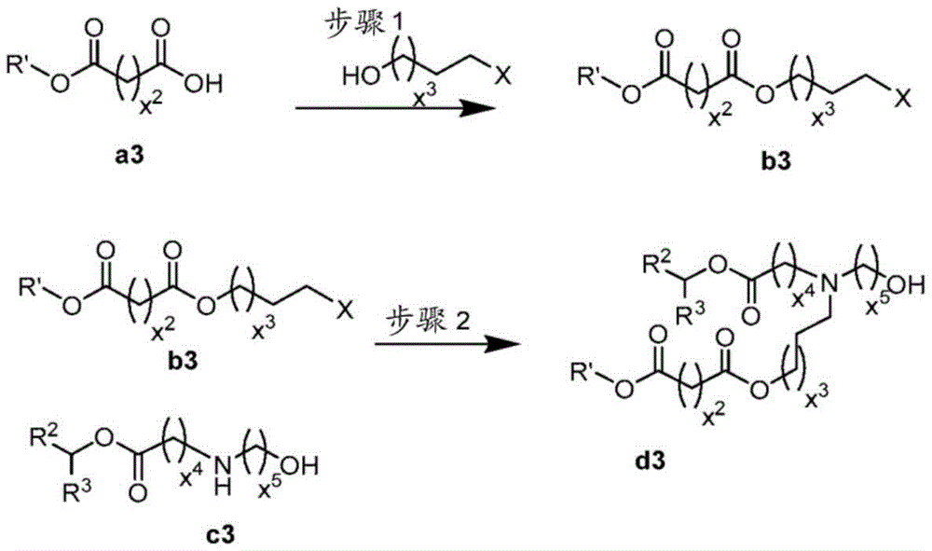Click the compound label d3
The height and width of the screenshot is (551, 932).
click(x=651, y=460)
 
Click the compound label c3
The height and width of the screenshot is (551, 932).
click(x=221, y=534)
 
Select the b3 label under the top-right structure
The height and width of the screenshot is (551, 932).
click(x=777, y=161)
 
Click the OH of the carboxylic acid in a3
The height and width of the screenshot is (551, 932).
click(x=203, y=85)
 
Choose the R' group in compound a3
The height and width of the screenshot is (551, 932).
click(x=19, y=64)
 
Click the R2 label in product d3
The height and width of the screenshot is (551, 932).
click(x=656, y=262)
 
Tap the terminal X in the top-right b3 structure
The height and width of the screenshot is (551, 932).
click(x=902, y=100)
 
